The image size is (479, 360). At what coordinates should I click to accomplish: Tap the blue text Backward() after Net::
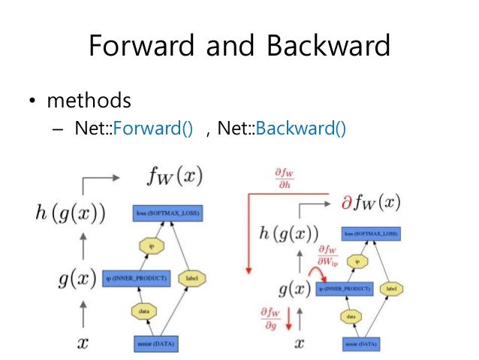pos(300,129)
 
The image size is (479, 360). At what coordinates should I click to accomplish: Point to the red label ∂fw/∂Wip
pos(327,256)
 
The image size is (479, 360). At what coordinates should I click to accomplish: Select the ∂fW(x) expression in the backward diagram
pos(368,202)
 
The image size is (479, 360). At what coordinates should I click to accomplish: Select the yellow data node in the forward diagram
pos(142,310)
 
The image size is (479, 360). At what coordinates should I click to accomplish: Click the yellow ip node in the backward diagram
pos(358,261)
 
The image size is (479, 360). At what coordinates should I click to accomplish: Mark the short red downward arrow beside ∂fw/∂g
pos(286,321)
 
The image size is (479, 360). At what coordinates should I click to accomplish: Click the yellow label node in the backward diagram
pos(391,288)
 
